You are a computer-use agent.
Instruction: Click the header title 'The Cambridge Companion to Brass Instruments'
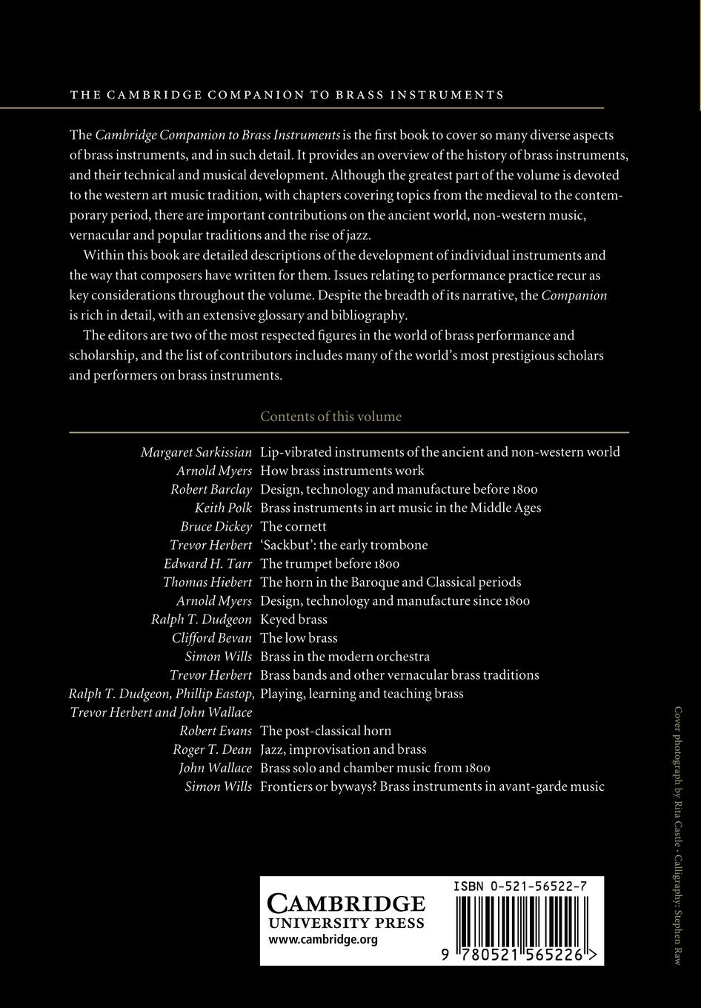click(287, 95)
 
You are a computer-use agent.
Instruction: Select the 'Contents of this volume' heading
click(330, 417)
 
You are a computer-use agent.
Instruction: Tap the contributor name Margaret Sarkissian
click(196, 452)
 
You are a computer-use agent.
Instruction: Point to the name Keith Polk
click(223, 508)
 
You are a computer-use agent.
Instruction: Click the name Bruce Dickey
click(216, 526)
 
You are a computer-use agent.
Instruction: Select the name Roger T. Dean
click(213, 749)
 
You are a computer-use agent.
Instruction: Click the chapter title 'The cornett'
click(293, 526)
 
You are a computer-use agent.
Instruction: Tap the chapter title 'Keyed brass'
click(293, 620)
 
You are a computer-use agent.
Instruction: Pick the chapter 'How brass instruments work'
click(342, 471)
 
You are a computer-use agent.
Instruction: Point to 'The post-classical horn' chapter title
click(325, 731)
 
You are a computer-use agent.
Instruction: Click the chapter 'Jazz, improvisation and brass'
click(343, 749)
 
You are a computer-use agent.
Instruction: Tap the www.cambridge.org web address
click(323, 940)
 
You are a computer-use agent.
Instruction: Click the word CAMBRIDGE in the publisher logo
click(346, 903)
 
